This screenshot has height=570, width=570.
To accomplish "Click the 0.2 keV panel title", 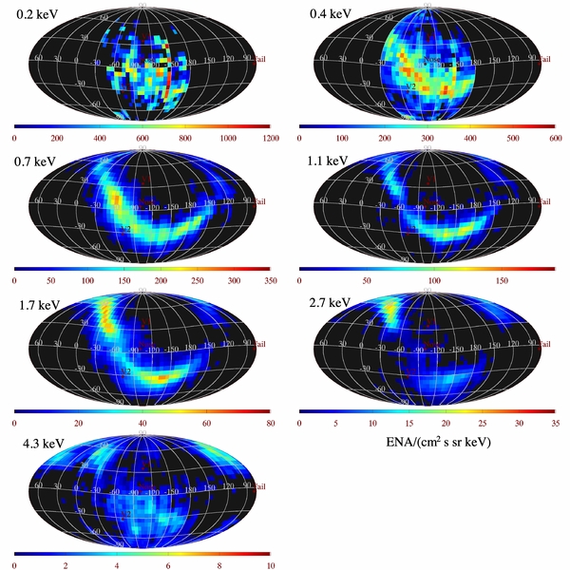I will click(x=36, y=15).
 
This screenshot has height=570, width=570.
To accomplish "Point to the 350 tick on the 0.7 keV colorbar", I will click(x=269, y=281).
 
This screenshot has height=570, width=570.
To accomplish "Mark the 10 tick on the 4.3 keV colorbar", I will click(x=269, y=566).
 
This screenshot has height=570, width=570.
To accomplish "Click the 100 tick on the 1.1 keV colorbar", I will click(x=435, y=281).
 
